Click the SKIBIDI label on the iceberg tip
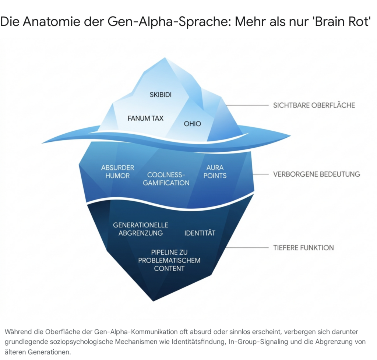coord(161,95)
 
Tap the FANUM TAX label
coord(145,119)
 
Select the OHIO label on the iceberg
coord(193,124)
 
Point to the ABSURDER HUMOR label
coord(117,172)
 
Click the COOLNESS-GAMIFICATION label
coord(166,179)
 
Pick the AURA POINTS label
coord(215,172)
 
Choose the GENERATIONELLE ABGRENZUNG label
coord(141,229)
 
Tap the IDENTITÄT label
coord(200,233)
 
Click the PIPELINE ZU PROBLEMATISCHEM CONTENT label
coord(169,260)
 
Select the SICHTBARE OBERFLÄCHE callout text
coord(314,105)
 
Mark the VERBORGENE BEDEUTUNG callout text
coord(317,174)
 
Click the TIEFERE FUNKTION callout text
coord(303,247)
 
